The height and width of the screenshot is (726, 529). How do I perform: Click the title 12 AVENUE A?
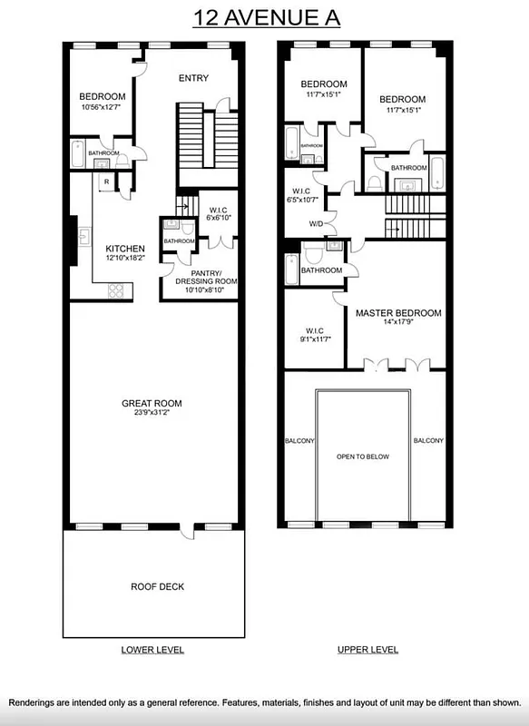point(264,17)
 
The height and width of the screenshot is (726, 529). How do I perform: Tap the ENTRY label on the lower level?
point(192,78)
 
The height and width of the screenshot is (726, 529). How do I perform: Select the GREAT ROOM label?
point(152,404)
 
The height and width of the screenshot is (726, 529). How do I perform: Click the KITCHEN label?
point(126,248)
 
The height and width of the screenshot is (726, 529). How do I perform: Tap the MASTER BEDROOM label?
point(398,313)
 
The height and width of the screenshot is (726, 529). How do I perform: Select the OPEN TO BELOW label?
point(363,456)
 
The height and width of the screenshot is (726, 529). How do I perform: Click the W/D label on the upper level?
point(317,223)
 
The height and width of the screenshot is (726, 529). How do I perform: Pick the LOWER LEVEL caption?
point(152,650)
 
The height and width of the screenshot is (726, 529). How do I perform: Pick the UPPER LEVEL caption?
point(367,650)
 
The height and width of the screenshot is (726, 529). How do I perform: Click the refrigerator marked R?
point(107,182)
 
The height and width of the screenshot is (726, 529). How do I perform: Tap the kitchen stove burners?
point(117,290)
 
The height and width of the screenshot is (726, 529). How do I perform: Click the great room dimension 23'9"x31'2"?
point(152,415)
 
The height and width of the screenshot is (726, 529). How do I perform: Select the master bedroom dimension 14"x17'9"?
point(398,324)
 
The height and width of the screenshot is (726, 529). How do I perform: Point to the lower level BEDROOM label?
point(102,97)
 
